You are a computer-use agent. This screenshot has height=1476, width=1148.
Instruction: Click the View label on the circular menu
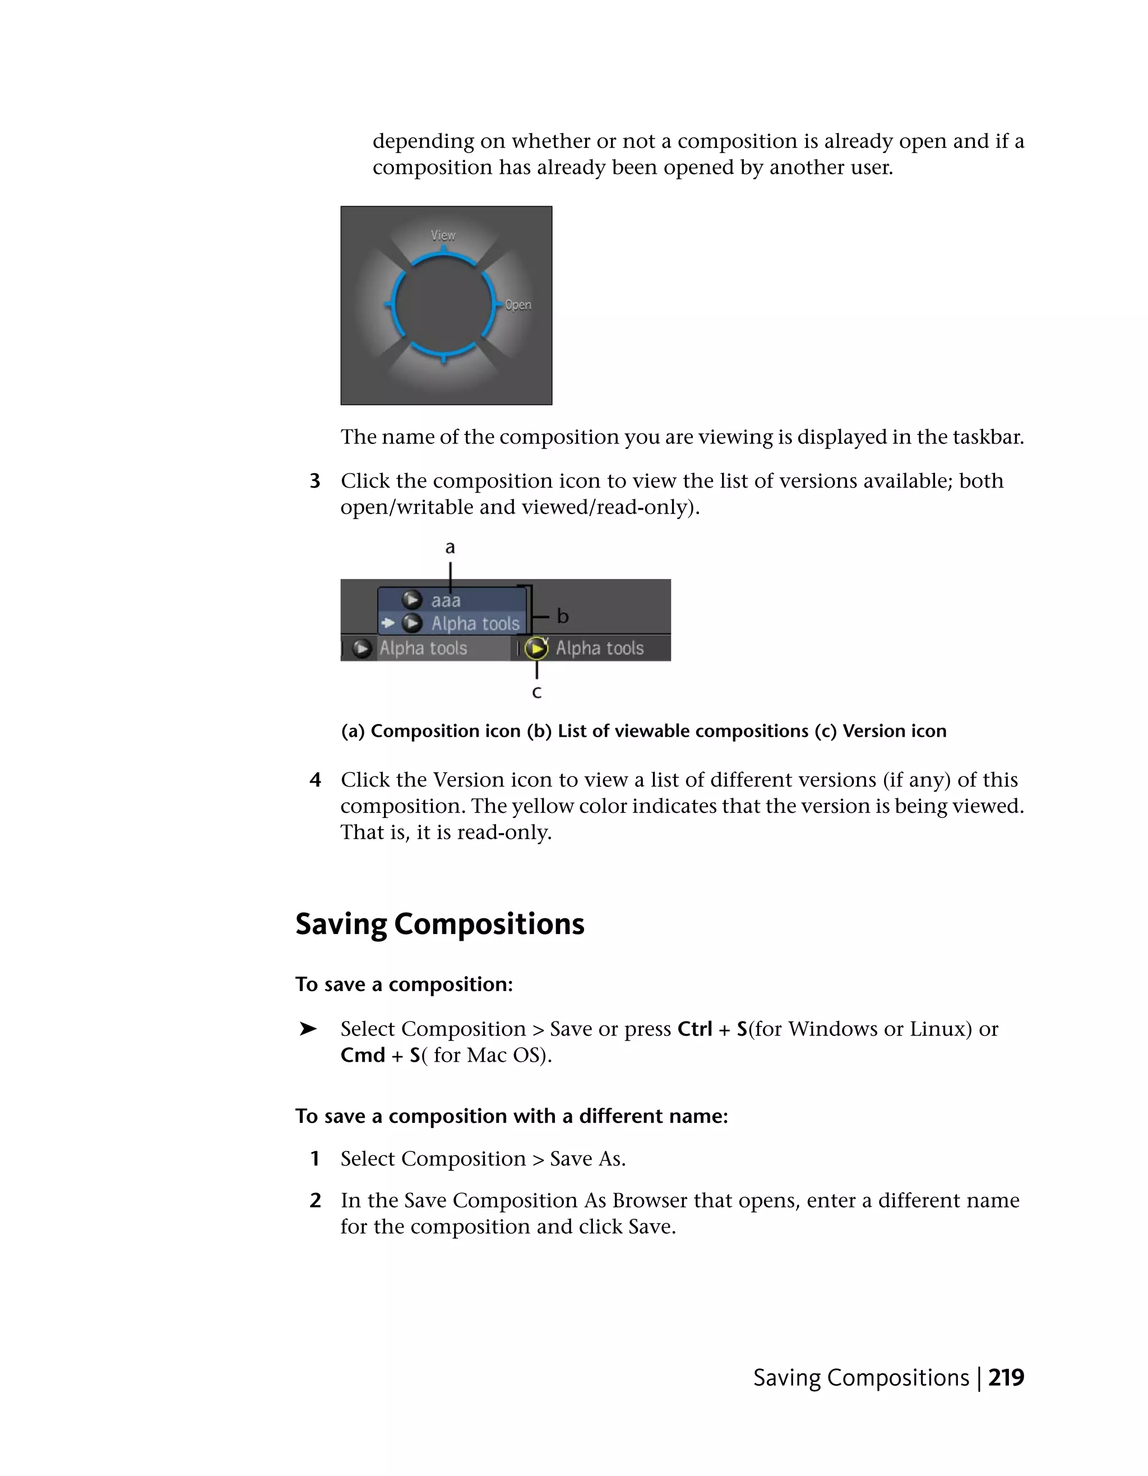point(443,235)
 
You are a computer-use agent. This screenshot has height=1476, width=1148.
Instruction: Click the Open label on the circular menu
point(519,305)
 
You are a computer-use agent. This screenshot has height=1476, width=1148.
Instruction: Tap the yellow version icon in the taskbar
point(536,648)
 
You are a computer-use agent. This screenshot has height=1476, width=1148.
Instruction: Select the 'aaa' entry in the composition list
point(446,601)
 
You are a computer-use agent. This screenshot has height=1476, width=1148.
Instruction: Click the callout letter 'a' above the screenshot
point(450,548)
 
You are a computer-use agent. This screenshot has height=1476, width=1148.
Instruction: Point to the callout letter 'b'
point(562,616)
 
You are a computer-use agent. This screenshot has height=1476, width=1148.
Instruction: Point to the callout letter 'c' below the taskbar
point(536,692)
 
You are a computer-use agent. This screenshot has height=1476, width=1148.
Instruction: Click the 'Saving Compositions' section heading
point(440,924)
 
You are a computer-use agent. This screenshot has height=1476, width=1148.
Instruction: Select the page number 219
point(1006,1377)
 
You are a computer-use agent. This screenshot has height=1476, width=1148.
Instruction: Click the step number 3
point(315,481)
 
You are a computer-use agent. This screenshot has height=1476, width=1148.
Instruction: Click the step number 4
point(315,780)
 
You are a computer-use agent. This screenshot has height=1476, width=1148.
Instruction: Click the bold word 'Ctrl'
point(695,1029)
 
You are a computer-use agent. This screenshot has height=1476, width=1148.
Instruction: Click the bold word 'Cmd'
point(363,1055)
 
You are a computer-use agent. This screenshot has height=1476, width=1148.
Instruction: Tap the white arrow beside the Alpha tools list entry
point(388,623)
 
